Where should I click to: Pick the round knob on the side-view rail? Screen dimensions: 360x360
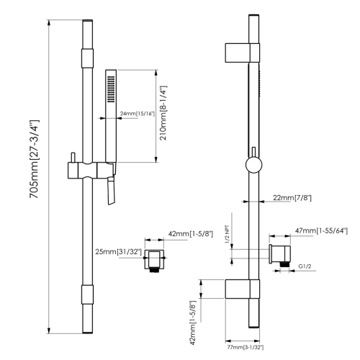tap(253, 165)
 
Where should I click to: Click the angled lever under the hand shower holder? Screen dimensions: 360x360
tap(111, 192)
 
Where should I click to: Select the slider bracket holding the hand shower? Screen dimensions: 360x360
tap(90, 170)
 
